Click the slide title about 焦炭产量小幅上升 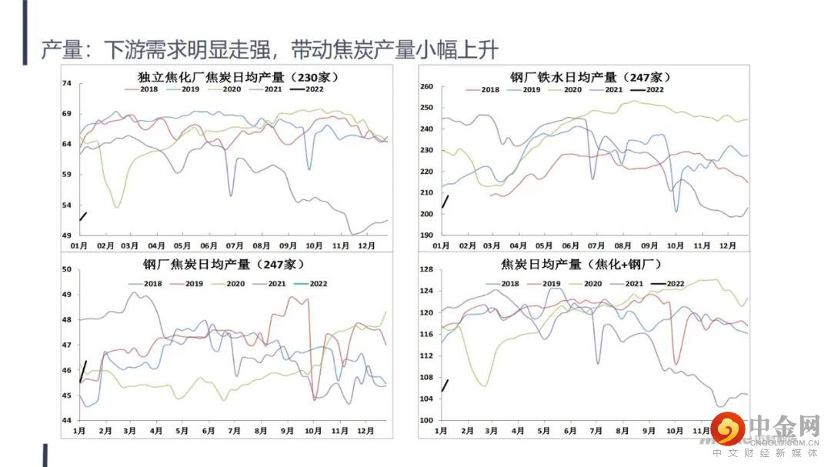pyautogui.click(x=270, y=50)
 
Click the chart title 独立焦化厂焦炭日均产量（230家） pyautogui.click(x=239, y=77)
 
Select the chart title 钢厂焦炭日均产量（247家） pyautogui.click(x=219, y=265)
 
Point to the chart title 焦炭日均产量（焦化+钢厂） pyautogui.click(x=581, y=265)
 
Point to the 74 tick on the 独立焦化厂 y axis pyautogui.click(x=66, y=83)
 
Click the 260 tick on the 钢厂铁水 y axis pyautogui.click(x=428, y=87)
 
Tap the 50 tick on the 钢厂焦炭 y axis pyautogui.click(x=66, y=269)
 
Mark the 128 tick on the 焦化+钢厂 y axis pyautogui.click(x=428, y=269)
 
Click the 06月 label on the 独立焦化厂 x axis pyautogui.click(x=209, y=245)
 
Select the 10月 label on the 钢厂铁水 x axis pyautogui.click(x=675, y=245)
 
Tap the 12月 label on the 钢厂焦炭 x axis pyautogui.click(x=365, y=432)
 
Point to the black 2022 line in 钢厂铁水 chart pyautogui.click(x=445, y=202)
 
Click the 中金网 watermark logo pyautogui.click(x=762, y=431)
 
